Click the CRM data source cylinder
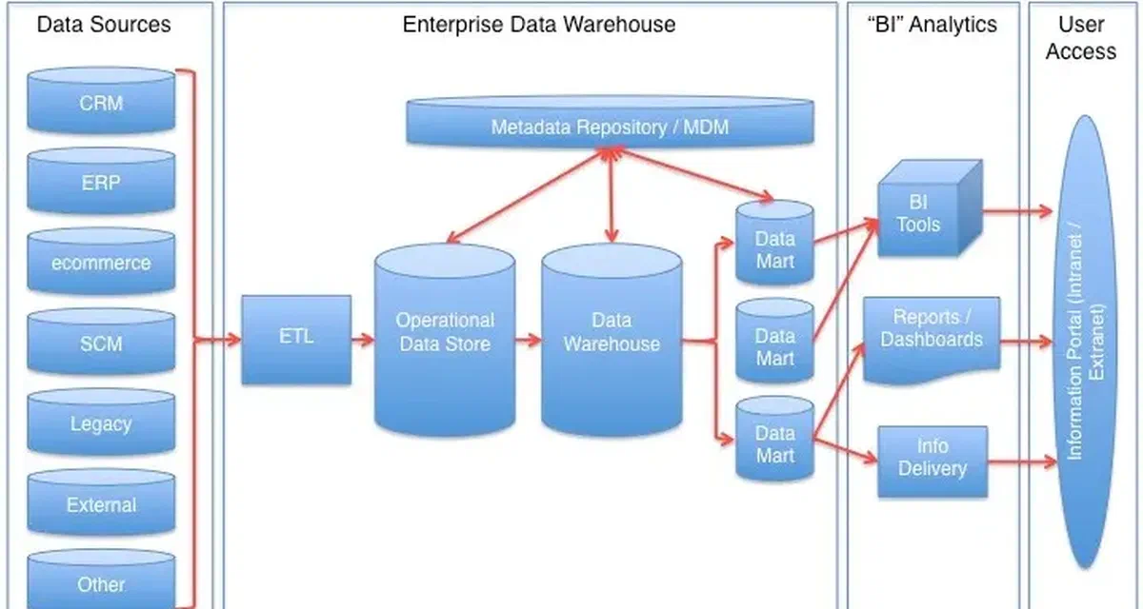[101, 101]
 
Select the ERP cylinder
[101, 182]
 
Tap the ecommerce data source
[101, 263]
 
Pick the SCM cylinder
[101, 343]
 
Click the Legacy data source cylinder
[101, 423]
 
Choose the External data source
[101, 504]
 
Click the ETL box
[295, 339]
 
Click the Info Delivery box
[932, 462]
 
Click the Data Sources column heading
[104, 24]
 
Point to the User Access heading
[1080, 38]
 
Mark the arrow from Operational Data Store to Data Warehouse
[528, 339]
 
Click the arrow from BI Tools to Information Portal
[1017, 209]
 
